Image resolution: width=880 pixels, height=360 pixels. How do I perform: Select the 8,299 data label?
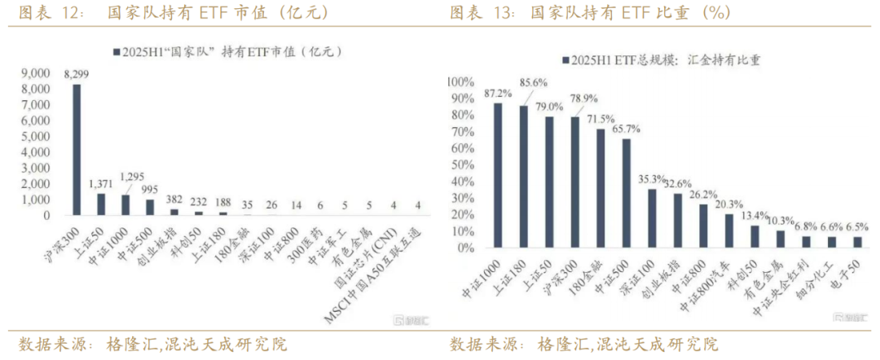77,74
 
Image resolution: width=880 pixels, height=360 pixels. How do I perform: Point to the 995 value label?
149,190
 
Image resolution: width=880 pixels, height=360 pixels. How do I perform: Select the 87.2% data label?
498,93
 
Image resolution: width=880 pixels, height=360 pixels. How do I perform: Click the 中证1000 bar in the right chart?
498,175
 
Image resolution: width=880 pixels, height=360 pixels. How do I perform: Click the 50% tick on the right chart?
461,165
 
